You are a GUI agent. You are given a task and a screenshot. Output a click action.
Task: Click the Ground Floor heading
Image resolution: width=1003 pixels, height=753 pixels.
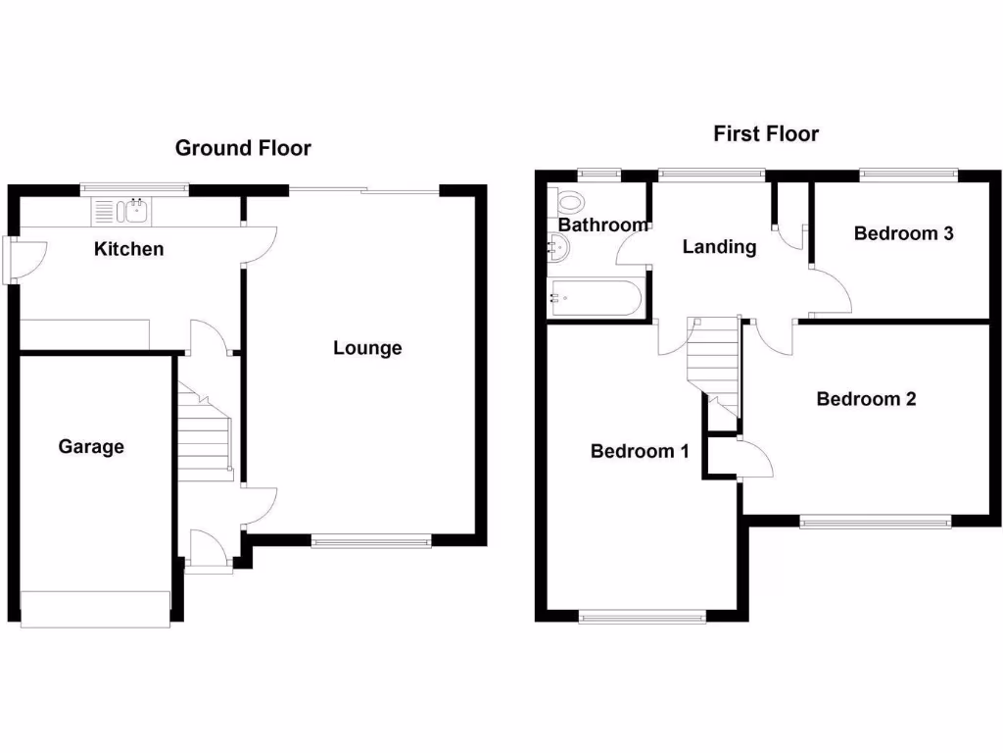pyautogui.click(x=243, y=148)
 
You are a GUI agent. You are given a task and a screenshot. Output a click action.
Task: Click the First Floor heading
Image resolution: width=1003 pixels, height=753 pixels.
pyautogui.click(x=765, y=133)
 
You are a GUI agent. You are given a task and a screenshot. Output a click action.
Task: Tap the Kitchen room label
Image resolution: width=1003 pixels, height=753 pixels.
pyautogui.click(x=128, y=249)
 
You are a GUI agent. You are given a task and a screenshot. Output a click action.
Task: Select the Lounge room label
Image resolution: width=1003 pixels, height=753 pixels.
pyautogui.click(x=367, y=348)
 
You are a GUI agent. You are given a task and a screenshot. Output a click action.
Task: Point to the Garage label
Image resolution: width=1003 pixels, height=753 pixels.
pyautogui.click(x=91, y=447)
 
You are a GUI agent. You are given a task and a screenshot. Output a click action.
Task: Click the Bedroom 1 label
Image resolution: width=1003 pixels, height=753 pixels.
pyautogui.click(x=640, y=451)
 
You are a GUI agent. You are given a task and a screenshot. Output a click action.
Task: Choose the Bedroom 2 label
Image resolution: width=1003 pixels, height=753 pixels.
pyautogui.click(x=866, y=399)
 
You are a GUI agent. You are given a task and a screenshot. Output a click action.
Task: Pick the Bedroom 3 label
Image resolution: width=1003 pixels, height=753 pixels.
pyautogui.click(x=903, y=233)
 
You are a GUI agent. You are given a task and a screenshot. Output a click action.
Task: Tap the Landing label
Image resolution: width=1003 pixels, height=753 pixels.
pyautogui.click(x=719, y=247)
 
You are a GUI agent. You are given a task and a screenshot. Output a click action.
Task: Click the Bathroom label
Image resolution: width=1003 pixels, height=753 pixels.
pyautogui.click(x=602, y=226)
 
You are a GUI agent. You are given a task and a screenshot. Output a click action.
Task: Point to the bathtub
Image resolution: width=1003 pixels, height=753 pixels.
pyautogui.click(x=595, y=298)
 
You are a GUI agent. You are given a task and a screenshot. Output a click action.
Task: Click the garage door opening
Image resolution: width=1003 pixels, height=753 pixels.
pyautogui.click(x=94, y=609)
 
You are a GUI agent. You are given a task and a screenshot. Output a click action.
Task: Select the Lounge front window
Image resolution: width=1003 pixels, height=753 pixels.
pyautogui.click(x=370, y=540)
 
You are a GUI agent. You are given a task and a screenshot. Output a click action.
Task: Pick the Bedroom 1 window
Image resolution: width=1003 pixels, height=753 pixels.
pyautogui.click(x=642, y=617)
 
